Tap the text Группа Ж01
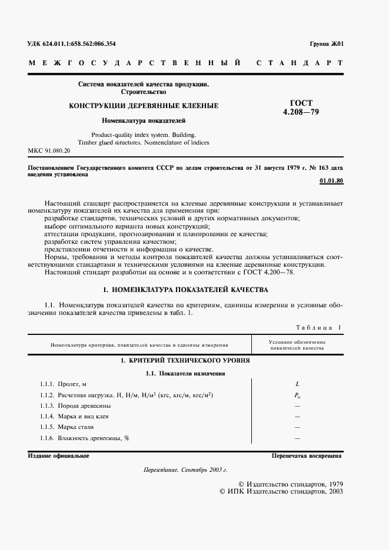(326, 44)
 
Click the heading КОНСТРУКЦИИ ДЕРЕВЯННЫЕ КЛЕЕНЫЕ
(144, 106)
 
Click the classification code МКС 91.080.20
(49, 151)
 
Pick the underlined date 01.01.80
(332, 180)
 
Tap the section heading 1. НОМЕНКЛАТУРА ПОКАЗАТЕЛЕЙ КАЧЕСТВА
(185, 290)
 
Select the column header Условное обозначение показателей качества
(297, 345)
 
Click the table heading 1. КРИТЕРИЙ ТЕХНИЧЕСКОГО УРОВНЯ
(185, 360)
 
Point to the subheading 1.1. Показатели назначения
(185, 373)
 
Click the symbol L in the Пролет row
(297, 384)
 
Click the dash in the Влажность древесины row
(297, 438)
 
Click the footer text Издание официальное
(58, 456)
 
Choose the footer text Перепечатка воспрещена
(307, 456)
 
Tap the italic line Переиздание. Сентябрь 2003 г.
(185, 471)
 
